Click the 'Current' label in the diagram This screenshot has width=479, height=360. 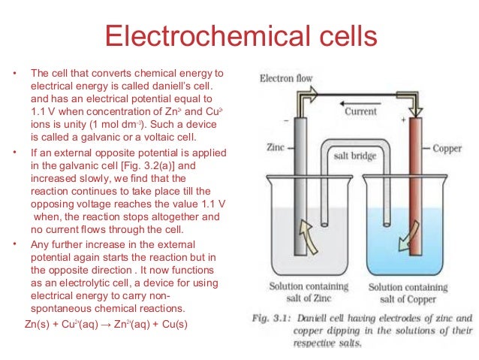pyautogui.click(x=360, y=111)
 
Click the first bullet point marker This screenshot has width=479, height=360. pyautogui.click(x=13, y=74)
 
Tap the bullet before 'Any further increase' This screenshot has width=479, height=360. pyautogui.click(x=13, y=246)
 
